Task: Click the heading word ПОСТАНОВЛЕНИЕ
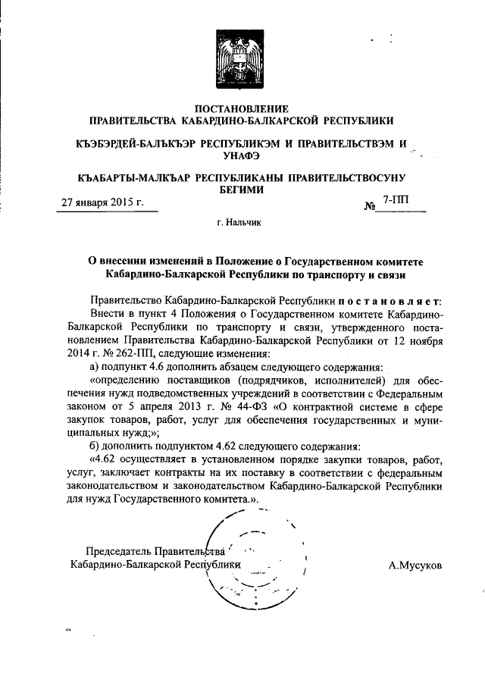coord(242,108)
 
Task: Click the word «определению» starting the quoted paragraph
coord(125,379)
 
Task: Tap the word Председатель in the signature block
coord(119,551)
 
